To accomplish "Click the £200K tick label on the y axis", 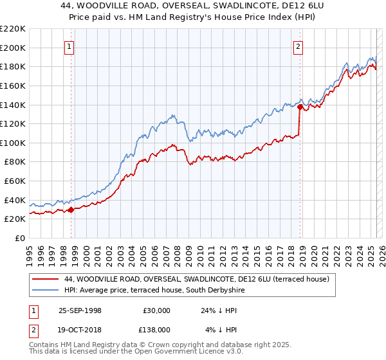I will pos(13,48).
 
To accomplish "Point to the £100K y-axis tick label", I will pos(13,143).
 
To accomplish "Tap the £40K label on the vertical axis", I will pos(15,200).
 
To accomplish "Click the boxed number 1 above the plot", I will pos(69,46).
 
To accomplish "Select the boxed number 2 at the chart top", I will pos(299,46).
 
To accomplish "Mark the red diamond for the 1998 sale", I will pos(71,209).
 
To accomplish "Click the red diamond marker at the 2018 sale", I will pos(300,107).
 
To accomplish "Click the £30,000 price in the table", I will pos(157,310).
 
